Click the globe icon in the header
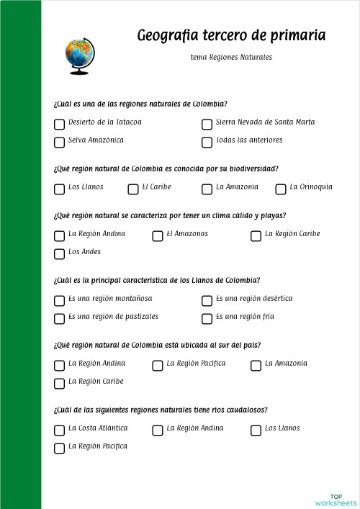coord(79,56)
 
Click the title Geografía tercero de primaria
coord(230,35)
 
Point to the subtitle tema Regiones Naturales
coord(231,58)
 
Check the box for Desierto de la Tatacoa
coord(59,124)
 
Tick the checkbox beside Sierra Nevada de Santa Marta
coord(207,124)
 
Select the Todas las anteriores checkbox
coord(207,142)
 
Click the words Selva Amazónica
coord(96,140)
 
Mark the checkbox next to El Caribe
coord(133,189)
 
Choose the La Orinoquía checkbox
coord(281,189)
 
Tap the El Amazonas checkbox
coord(158,235)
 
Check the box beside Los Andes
coord(59,253)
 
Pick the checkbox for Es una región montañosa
coord(59,300)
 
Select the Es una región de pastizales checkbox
coord(59,318)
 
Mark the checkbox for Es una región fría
coord(207,318)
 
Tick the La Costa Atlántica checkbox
coord(59,430)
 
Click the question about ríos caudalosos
coord(161,410)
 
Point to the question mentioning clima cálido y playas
coord(170,215)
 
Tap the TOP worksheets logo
coord(336,500)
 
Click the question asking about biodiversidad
coord(166,168)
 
